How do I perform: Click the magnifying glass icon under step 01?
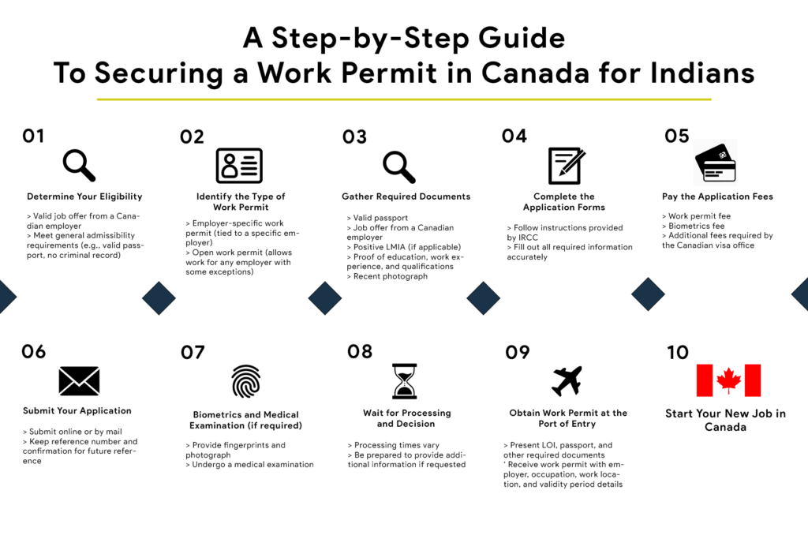point(79,166)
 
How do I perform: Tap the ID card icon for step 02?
point(239,166)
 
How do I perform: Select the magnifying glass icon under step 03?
point(398,166)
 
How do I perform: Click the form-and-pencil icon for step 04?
point(566,165)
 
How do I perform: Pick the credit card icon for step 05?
point(715,163)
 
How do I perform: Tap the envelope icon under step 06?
point(79,381)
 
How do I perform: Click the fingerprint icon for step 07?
point(245,381)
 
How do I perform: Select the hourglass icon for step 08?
point(404,381)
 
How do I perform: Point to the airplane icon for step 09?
point(567,381)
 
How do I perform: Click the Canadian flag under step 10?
point(728,380)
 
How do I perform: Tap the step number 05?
point(676,136)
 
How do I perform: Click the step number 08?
point(359,351)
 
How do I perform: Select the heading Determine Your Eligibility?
point(84,197)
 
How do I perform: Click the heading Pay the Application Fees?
point(717,197)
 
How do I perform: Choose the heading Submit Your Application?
point(77,411)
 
